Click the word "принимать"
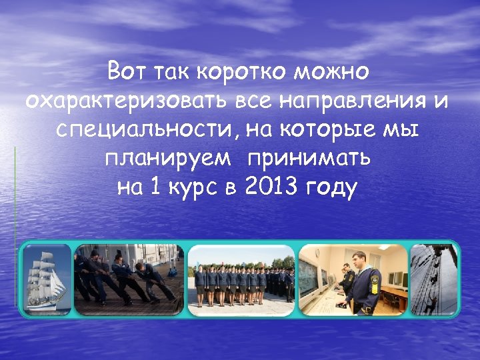point(309,159)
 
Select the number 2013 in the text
point(271,188)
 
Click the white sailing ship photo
point(47,279)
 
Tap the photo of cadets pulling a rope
point(128,279)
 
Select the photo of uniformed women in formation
point(241,279)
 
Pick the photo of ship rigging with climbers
point(434,279)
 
